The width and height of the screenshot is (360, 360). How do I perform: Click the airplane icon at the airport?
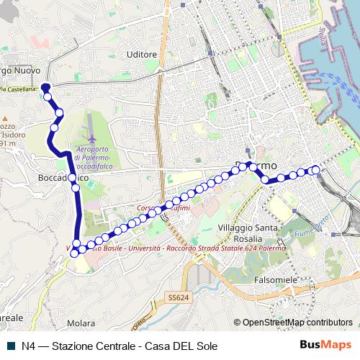click(x=90, y=136)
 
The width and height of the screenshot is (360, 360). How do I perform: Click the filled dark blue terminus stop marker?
click(x=45, y=88)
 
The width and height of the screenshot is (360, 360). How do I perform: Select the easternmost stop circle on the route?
click(x=315, y=170)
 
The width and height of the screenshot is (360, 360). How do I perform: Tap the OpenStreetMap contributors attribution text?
click(x=297, y=323)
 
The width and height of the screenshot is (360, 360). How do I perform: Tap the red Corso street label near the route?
click(x=153, y=209)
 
